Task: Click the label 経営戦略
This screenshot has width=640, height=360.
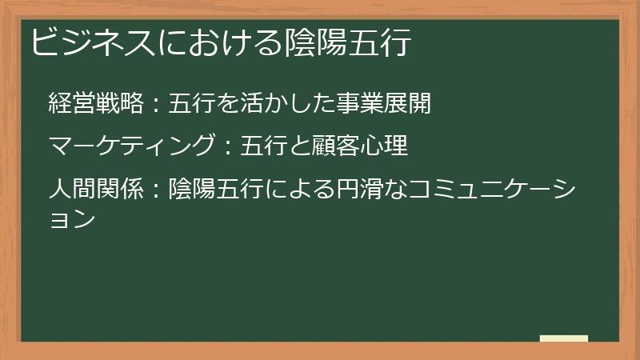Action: pos(96,104)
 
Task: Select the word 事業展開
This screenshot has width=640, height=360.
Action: pos(384,104)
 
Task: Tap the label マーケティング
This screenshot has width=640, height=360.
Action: pos(132,147)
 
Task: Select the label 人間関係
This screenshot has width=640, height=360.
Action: pos(96,190)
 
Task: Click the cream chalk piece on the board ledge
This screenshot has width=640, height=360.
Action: pos(564,338)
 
